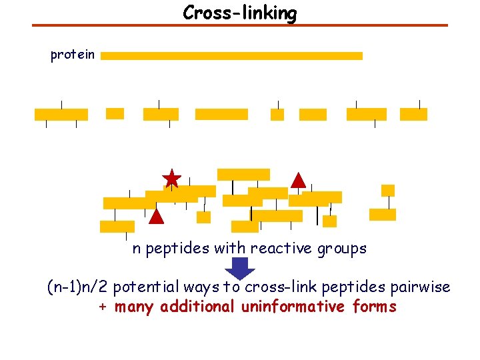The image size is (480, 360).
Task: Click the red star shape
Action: pyautogui.click(x=172, y=179)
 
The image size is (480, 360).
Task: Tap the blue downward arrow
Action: pyautogui.click(x=240, y=268)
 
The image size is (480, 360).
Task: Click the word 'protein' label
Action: pyautogui.click(x=73, y=55)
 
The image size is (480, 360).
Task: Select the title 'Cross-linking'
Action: pyautogui.click(x=240, y=13)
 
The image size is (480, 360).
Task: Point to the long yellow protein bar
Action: pyautogui.click(x=231, y=56)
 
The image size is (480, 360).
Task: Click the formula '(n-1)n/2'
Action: pyautogui.click(x=77, y=287)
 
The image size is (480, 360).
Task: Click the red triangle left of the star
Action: pyautogui.click(x=156, y=216)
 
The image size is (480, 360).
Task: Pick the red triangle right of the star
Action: pyautogui.click(x=299, y=180)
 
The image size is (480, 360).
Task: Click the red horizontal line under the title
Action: pyautogui.click(x=240, y=25)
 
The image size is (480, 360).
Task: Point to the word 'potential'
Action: pyautogui.click(x=146, y=287)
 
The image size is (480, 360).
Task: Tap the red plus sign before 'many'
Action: pyautogui.click(x=103, y=307)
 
